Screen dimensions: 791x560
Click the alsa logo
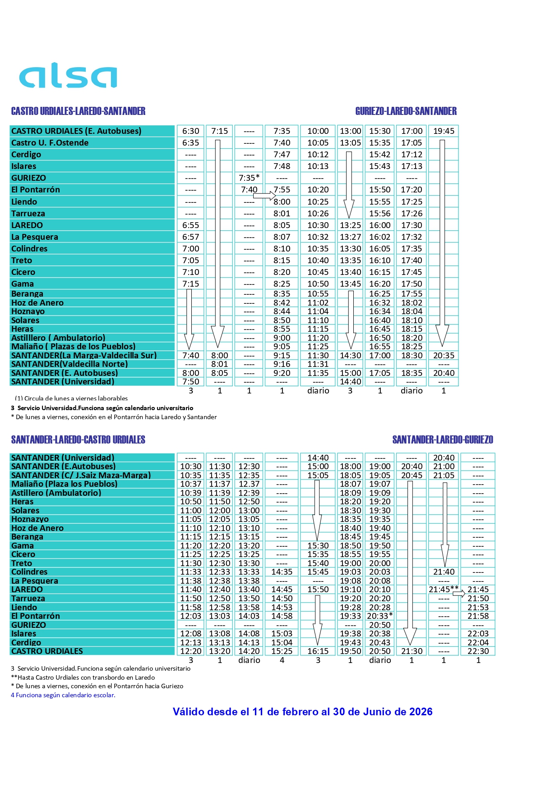(68, 75)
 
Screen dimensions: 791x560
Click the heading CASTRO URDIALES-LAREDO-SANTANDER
(78, 111)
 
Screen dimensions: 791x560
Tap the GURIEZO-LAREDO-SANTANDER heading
(406, 111)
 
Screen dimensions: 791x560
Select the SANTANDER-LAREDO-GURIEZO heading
(442, 440)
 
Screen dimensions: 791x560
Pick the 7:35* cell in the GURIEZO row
(249, 178)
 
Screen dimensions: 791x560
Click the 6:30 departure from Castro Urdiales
(190, 131)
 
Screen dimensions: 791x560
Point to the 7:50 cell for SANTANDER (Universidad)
(190, 382)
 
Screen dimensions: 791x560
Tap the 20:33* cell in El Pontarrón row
(380, 616)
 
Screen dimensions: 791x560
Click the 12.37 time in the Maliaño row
(249, 484)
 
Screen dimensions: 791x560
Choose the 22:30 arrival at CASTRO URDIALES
(478, 651)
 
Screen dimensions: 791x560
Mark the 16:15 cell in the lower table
(318, 651)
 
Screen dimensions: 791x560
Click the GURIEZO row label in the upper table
(28, 178)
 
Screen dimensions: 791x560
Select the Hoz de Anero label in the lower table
(37, 528)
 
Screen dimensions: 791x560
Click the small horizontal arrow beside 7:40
(264, 196)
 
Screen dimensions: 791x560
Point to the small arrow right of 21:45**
(459, 594)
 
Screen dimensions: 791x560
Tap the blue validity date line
(302, 712)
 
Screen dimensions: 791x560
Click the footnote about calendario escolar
(63, 695)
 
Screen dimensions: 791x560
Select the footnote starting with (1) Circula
(71, 398)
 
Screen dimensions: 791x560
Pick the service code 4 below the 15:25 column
(282, 660)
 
